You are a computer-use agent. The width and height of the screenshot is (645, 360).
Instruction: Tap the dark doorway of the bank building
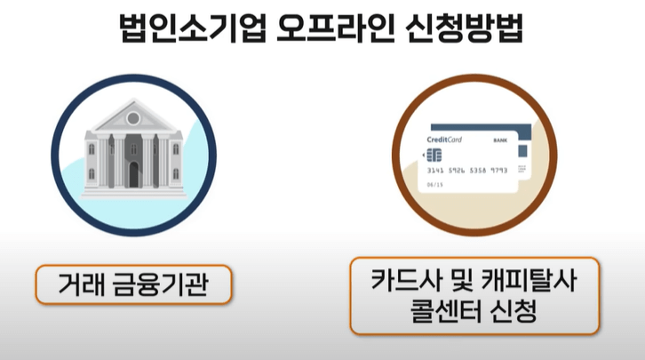point(133,174)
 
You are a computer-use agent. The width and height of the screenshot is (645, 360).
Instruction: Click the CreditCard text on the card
point(444,140)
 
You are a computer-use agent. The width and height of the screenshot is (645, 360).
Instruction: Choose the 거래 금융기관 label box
point(132,285)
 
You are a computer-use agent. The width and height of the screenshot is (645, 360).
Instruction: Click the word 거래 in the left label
point(80,285)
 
